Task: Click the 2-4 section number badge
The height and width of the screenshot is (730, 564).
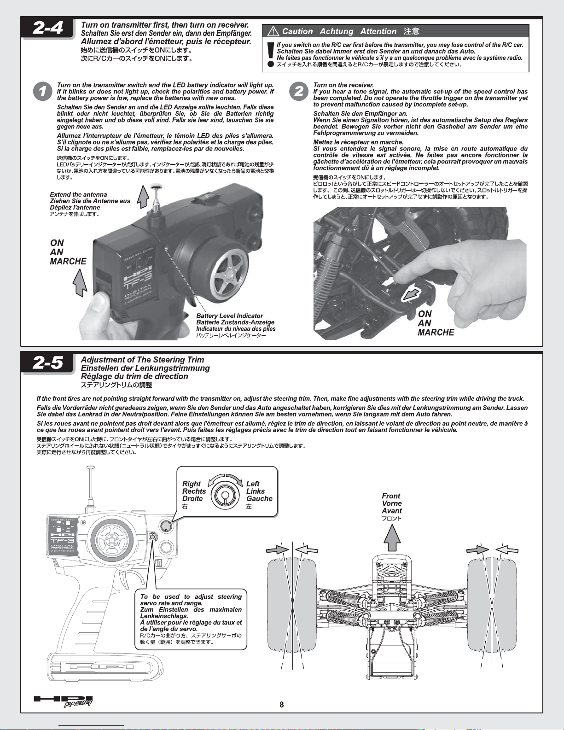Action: click(48, 28)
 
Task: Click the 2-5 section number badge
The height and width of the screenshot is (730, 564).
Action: click(48, 363)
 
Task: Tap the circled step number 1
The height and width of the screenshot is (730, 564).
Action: click(43, 91)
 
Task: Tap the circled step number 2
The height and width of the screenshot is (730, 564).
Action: click(299, 91)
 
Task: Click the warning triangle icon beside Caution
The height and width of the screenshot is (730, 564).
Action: click(273, 31)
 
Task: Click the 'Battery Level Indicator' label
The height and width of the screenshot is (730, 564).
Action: click(229, 316)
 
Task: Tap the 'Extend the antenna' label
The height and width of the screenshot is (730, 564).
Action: click(78, 194)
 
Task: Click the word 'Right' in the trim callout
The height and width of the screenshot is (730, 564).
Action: click(192, 484)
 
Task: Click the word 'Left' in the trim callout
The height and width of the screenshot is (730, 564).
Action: click(253, 484)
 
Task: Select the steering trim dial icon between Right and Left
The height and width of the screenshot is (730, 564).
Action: click(225, 495)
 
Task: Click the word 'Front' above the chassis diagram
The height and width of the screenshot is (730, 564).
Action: click(391, 496)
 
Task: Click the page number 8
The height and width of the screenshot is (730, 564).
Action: click(282, 705)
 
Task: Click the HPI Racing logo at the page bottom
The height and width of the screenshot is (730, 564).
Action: click(64, 701)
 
